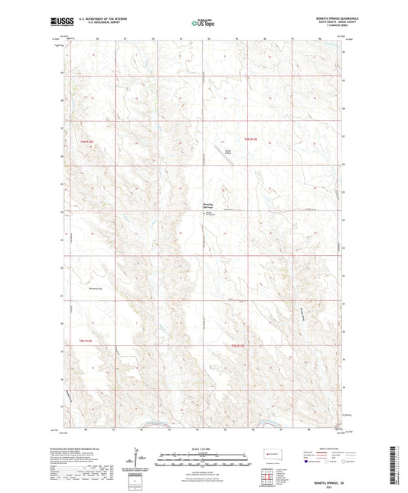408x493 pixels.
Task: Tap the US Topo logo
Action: [203, 23]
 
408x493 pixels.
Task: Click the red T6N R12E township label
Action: [90, 142]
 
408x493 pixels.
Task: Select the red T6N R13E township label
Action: [251, 139]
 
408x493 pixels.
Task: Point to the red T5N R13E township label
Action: [240, 346]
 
